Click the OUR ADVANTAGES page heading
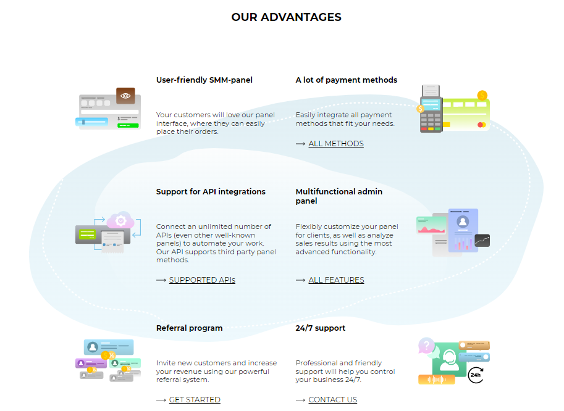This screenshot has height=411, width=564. click(x=286, y=17)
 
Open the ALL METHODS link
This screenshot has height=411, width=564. click(x=335, y=144)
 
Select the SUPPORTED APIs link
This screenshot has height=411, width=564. click(x=202, y=280)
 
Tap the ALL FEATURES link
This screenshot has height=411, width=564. click(x=336, y=280)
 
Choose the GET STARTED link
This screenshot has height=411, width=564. click(x=195, y=400)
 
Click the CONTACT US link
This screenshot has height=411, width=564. click(x=332, y=400)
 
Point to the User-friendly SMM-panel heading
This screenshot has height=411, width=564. click(x=204, y=80)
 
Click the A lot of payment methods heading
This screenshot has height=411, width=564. click(x=346, y=80)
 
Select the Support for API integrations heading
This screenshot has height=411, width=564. click(x=211, y=192)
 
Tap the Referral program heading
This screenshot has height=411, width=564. click(x=189, y=328)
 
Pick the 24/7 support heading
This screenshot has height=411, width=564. click(x=320, y=328)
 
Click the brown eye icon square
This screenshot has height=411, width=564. click(x=125, y=96)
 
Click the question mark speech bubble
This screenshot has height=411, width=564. click(x=426, y=346)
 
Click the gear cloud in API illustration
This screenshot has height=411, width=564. click(x=120, y=220)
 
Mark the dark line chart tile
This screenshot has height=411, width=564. click(x=481, y=240)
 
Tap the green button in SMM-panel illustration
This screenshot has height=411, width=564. click(x=128, y=125)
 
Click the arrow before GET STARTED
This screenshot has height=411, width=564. click(x=161, y=400)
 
